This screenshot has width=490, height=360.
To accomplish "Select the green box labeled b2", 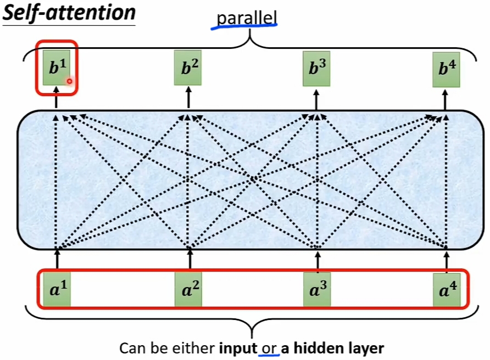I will tap(188, 67).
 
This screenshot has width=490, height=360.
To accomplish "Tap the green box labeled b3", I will tap(316, 69).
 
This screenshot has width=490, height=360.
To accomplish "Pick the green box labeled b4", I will tap(446, 69).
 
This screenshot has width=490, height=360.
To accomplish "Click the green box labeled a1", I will tap(57, 290).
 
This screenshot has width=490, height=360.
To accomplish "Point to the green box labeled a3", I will tap(318, 289).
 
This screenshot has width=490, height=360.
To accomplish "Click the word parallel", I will tap(247, 18).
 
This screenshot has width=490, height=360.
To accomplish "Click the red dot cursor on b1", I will tap(70, 81).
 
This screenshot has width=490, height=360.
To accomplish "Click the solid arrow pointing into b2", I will tap(188, 97).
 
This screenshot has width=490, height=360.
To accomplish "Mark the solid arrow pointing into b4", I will tap(446, 98).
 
